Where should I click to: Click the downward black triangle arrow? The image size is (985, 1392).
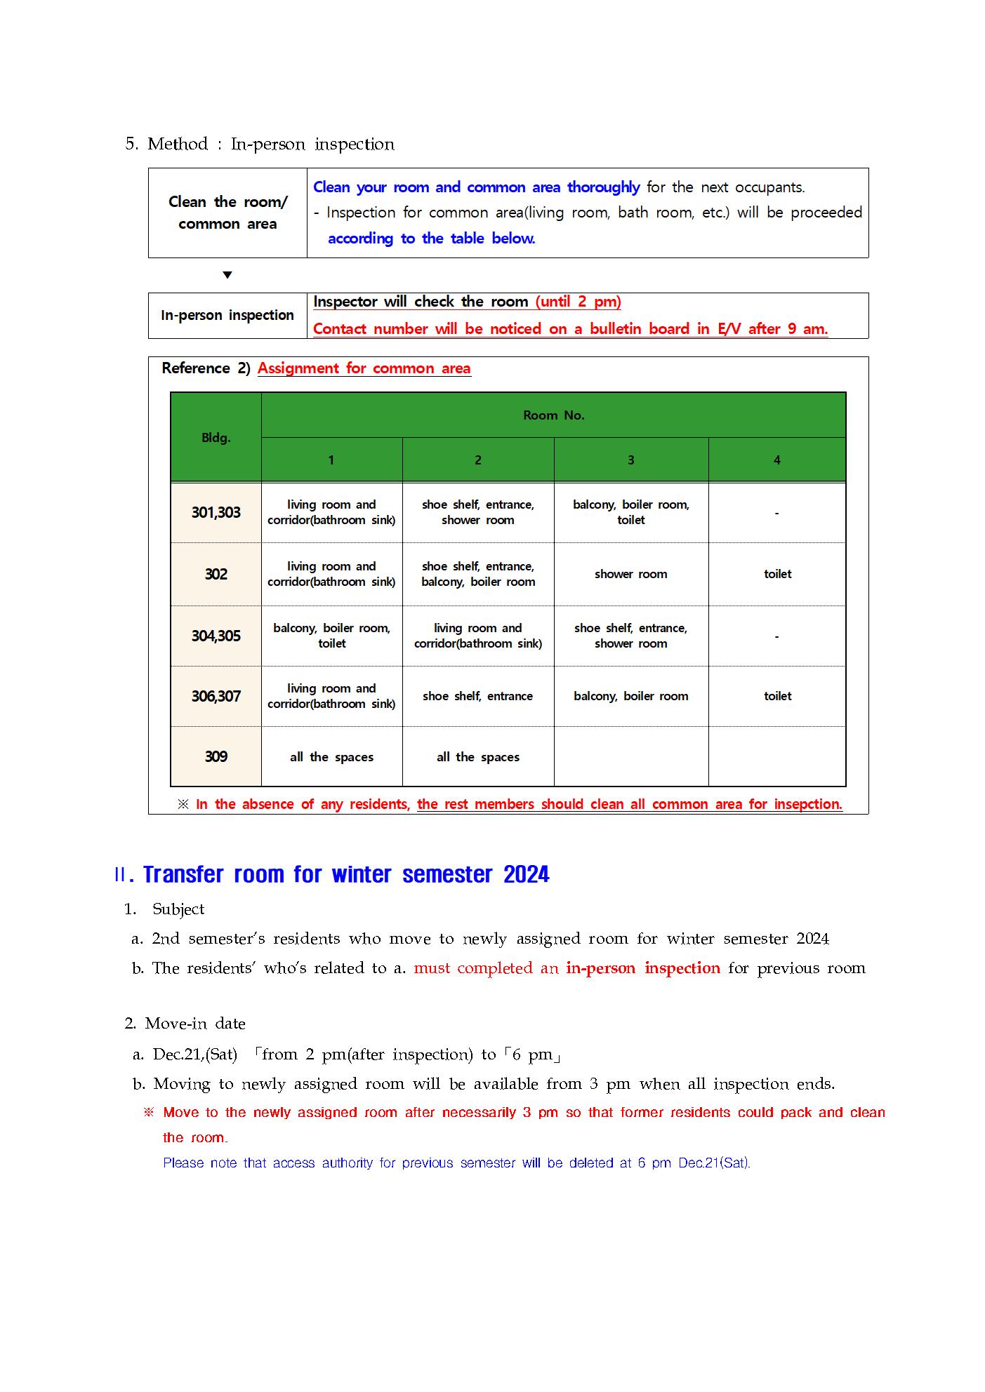click(227, 275)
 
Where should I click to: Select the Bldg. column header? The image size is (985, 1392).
click(216, 438)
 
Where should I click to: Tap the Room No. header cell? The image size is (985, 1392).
click(553, 415)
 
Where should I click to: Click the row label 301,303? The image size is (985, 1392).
click(216, 513)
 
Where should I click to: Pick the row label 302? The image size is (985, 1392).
click(216, 575)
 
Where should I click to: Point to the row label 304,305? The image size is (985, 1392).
click(216, 636)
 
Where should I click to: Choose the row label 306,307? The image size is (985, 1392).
click(216, 697)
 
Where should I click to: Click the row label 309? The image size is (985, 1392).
click(216, 757)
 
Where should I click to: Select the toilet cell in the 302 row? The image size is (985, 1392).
click(777, 574)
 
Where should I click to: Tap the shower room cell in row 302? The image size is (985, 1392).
click(630, 574)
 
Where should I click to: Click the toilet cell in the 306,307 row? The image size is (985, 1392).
click(777, 696)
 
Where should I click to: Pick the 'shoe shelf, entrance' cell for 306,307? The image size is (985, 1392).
click(477, 696)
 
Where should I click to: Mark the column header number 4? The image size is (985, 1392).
click(776, 460)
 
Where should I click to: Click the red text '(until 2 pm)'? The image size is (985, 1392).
click(578, 302)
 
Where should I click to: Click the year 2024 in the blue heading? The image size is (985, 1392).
click(526, 875)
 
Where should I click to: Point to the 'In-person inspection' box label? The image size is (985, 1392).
click(227, 316)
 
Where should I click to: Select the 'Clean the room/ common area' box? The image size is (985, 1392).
click(227, 213)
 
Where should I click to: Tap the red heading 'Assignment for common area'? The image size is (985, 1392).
click(364, 368)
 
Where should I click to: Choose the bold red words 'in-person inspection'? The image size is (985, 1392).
click(642, 968)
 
